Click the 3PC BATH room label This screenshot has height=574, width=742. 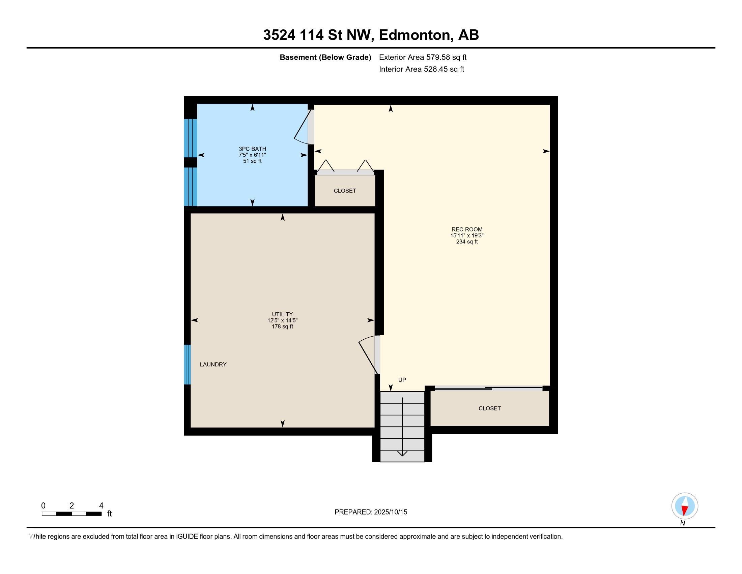252,149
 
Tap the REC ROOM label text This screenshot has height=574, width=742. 467,230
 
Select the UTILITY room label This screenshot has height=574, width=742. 282,314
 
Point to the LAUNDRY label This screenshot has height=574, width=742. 213,365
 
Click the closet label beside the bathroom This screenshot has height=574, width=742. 345,191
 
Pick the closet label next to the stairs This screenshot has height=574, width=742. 490,409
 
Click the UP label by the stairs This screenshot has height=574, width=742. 402,380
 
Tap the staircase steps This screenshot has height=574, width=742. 402,427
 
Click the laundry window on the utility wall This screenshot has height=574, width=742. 187,365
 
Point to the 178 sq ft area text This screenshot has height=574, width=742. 282,327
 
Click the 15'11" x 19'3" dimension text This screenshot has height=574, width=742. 467,236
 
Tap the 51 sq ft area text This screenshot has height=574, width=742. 252,161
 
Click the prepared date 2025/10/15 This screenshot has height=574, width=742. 390,512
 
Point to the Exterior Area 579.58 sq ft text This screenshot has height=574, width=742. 423,57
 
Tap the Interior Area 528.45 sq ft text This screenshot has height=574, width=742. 422,69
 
